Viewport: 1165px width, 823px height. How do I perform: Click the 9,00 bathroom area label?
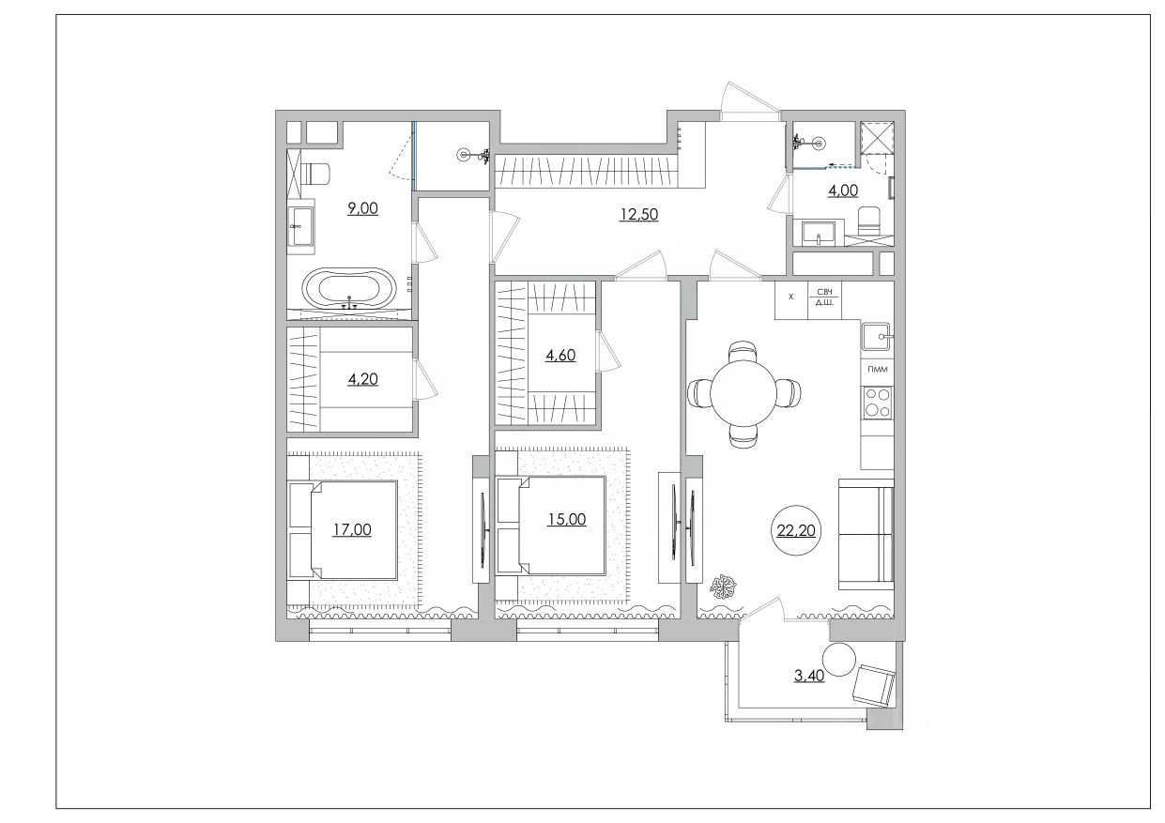point(362,209)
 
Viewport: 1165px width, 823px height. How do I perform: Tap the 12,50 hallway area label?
point(638,214)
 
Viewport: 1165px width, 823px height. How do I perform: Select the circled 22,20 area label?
point(796,530)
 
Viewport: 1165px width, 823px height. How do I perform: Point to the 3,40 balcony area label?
point(808,676)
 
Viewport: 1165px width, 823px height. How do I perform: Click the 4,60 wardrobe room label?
point(560,355)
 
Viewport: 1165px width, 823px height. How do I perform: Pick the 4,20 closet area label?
point(362,379)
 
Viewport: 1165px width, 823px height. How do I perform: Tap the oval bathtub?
point(349,288)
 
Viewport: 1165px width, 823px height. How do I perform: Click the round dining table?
point(743,393)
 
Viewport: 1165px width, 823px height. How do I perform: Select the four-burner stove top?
point(878,403)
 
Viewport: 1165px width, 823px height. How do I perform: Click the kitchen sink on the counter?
point(878,336)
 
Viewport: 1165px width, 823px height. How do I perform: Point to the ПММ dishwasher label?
point(878,370)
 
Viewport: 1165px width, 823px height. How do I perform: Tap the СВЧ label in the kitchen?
point(824,292)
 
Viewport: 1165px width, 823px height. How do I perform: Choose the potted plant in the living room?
point(724,587)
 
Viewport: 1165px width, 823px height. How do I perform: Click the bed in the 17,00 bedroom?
point(344,530)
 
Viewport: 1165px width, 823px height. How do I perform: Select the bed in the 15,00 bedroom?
point(551,526)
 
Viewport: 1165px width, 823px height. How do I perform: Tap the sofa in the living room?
point(866,535)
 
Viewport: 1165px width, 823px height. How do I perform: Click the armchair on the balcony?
point(874,686)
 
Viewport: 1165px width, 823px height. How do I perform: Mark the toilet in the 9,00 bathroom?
point(318,174)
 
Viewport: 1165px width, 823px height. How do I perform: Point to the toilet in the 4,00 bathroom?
point(869,221)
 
